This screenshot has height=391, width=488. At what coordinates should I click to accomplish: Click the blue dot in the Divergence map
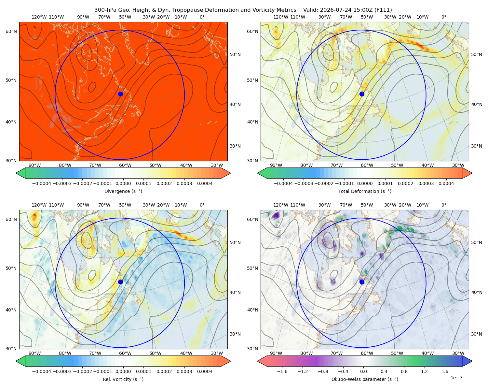tap(120, 94)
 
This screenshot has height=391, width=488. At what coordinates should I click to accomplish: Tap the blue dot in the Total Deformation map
tap(362, 94)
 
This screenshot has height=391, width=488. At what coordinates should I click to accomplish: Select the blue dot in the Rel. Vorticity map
tap(120, 282)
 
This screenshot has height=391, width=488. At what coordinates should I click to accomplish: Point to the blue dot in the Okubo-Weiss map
tap(362, 282)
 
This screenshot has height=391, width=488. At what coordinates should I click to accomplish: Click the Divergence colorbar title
tap(123, 191)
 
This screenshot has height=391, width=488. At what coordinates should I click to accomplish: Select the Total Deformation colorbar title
tap(365, 191)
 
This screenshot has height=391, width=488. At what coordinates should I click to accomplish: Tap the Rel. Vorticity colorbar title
tap(123, 379)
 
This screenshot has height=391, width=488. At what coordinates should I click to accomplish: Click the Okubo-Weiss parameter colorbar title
tap(365, 379)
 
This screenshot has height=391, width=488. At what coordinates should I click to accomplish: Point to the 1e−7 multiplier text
tap(456, 378)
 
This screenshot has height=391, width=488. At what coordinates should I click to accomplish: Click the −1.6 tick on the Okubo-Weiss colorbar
tap(282, 371)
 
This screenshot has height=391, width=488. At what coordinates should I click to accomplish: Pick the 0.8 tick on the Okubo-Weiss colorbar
tap(404, 371)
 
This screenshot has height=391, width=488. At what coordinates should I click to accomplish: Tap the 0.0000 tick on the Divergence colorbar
tap(123, 183)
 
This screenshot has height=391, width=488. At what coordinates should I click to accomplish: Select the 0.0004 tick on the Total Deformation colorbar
tap(446, 183)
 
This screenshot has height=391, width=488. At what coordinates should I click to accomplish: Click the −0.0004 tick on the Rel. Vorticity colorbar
tap(42, 371)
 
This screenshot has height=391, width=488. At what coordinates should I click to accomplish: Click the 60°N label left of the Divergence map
tap(11, 31)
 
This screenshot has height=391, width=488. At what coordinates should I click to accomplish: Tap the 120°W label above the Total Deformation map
tap(280, 17)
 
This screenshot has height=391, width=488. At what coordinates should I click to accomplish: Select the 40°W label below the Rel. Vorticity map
tap(186, 353)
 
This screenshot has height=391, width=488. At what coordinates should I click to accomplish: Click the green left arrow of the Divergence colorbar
tap(20, 173)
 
